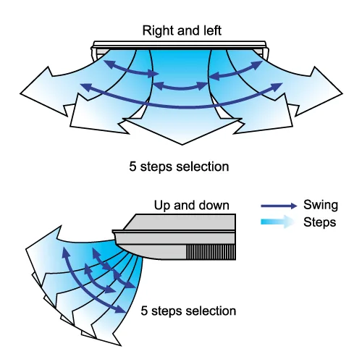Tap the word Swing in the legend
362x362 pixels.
(321, 206)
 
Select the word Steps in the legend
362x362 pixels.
(319, 222)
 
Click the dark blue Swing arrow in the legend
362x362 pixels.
(279, 206)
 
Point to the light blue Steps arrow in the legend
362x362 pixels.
(277, 222)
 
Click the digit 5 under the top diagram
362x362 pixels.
(132, 167)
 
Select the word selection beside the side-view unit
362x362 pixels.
(211, 311)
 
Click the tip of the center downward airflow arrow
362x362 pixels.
(182, 145)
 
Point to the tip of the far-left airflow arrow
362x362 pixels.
(20, 93)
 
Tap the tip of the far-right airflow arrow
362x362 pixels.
(342, 93)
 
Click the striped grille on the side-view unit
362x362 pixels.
(211, 252)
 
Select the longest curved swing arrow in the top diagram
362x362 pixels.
(181, 106)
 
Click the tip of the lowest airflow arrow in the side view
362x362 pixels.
(121, 346)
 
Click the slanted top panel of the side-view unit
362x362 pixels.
(179, 222)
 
